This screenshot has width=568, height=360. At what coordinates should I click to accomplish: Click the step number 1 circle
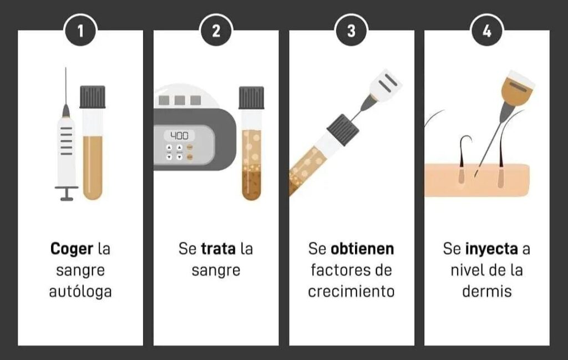click(x=80, y=31)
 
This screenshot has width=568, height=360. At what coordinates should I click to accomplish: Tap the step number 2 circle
click(x=216, y=31)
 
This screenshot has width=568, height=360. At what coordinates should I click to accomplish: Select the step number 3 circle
click(x=351, y=31)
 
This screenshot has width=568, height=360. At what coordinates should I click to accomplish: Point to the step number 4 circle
click(x=487, y=31)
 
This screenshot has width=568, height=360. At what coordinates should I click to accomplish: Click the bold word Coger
click(x=72, y=250)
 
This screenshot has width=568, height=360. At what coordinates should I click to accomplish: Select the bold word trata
click(x=218, y=249)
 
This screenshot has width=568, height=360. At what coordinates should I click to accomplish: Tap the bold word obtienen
click(x=362, y=249)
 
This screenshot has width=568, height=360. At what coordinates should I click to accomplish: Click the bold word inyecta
click(x=491, y=250)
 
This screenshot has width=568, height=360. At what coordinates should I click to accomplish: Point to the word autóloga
click(x=80, y=292)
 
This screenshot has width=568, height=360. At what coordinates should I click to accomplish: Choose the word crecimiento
click(x=351, y=292)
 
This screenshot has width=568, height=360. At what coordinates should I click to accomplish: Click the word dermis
click(x=487, y=292)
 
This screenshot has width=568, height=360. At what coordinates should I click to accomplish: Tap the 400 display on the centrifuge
click(x=179, y=136)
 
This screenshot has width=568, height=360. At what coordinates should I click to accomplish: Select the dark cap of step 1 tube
click(x=93, y=97)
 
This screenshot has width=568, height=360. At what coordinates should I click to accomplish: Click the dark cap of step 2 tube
click(x=251, y=98)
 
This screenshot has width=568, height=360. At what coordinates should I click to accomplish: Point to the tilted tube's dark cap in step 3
click(x=343, y=130)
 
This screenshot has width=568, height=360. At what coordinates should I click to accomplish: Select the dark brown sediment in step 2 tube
click(x=251, y=186)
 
